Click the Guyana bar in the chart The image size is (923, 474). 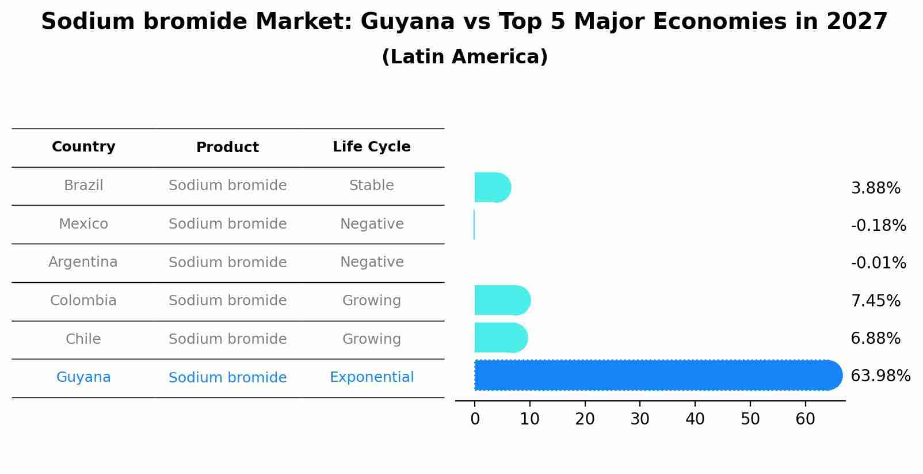pos(656,376)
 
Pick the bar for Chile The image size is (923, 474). pos(500,338)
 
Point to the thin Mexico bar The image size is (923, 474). pos(474,225)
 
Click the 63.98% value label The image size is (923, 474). pos(880,376)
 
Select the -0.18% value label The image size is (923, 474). pos(878,226)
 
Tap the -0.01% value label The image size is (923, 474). pos(878,263)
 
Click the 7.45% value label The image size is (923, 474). pos(875,301)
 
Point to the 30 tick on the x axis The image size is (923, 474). pos(640,419)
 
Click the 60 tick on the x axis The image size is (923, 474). pos(805,419)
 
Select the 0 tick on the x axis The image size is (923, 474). pos(475,419)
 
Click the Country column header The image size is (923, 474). pos(83,147)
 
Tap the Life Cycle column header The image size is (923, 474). pos(371,147)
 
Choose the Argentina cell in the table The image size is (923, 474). pos(83,262)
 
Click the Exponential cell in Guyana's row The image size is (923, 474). pos(371,377)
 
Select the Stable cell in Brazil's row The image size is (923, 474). pos(371,185)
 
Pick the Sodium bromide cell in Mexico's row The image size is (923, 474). pos(227,224)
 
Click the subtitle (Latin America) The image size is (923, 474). pos(464,57)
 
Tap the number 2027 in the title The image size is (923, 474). pos(857,22)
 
